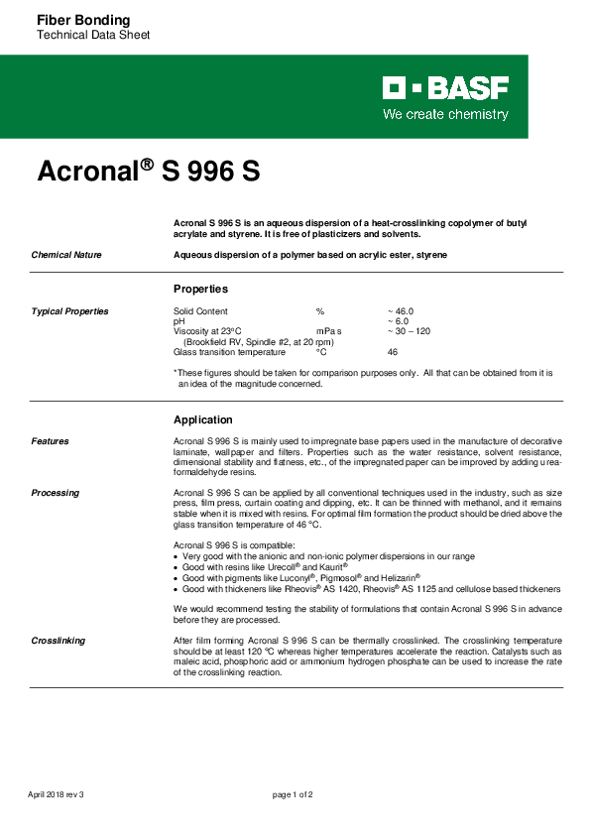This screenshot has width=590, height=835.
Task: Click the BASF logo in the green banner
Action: tap(445, 90)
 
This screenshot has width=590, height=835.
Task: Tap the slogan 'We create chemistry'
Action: tap(445, 114)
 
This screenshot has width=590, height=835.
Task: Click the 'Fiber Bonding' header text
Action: tap(82, 20)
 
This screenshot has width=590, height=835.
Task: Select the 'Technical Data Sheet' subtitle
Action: tap(92, 36)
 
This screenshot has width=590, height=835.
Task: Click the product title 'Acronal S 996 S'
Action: tap(148, 172)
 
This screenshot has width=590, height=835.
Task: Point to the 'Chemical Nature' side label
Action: tap(65, 255)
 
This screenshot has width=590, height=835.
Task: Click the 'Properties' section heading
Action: tap(200, 289)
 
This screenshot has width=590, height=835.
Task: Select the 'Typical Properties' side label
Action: tap(69, 311)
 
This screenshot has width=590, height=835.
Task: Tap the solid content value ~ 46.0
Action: tap(400, 311)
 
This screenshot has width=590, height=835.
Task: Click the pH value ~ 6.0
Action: tap(397, 321)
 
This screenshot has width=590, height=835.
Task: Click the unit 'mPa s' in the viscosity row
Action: tap(328, 331)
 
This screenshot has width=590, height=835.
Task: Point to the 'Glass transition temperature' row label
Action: tap(229, 352)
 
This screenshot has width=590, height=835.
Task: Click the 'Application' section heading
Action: tap(202, 419)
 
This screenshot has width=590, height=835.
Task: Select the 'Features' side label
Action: tap(50, 441)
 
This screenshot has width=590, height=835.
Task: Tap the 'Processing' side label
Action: tap(55, 493)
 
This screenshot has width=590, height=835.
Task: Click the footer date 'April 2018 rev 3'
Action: tap(56, 794)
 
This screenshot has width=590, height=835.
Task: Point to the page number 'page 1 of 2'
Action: tap(294, 794)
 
